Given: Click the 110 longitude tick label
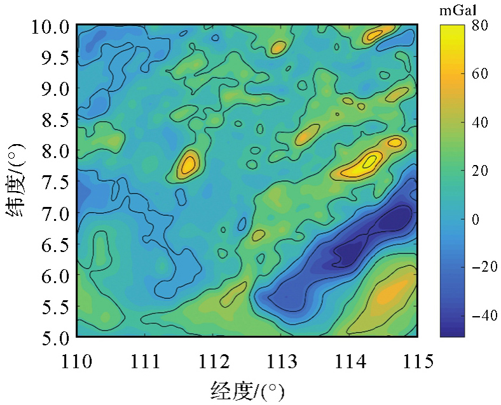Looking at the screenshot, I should click(x=77, y=362).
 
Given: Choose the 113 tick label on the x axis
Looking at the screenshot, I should click(x=282, y=362).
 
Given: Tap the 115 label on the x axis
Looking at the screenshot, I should click(x=418, y=362).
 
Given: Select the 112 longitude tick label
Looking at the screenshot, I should click(x=214, y=362).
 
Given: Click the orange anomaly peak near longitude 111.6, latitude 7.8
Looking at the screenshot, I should click(x=188, y=164).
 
